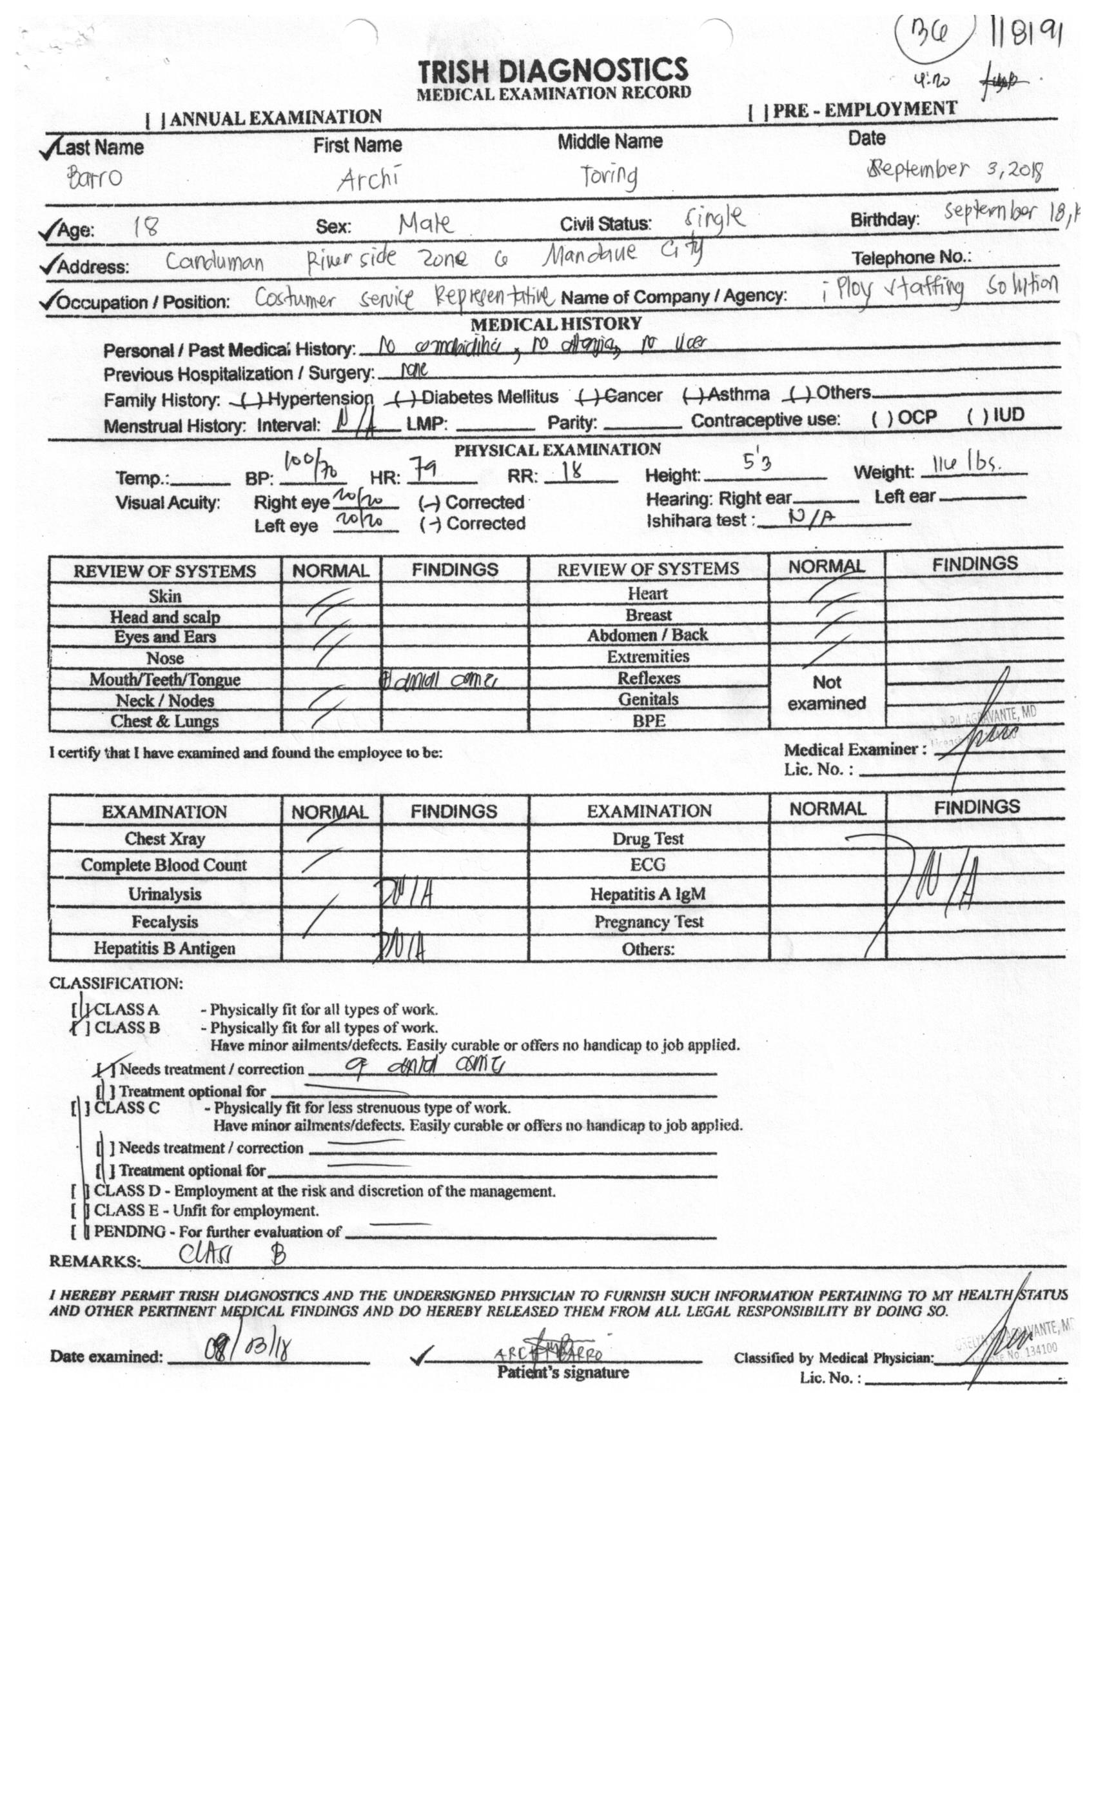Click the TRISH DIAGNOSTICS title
click(553, 70)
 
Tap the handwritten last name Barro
click(95, 178)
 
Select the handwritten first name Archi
click(369, 178)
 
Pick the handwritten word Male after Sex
click(425, 223)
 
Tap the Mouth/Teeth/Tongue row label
click(165, 679)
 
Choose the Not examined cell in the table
click(827, 693)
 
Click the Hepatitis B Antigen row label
click(164, 948)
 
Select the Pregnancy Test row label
click(649, 922)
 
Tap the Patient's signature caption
click(563, 1373)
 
